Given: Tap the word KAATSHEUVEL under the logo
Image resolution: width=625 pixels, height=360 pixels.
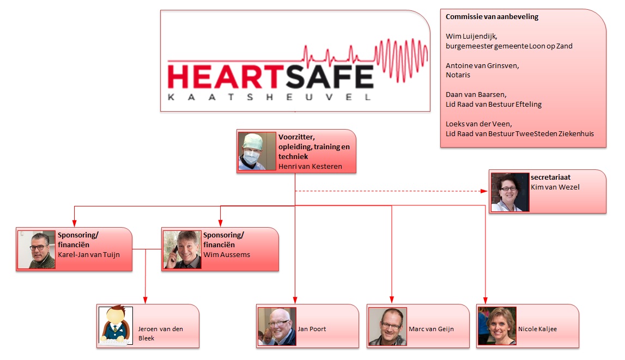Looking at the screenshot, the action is tap(269, 97).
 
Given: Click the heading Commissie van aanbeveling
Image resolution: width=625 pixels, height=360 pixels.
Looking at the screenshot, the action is tap(492, 17).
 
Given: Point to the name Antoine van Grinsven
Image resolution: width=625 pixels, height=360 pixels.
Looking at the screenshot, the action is tap(482, 65).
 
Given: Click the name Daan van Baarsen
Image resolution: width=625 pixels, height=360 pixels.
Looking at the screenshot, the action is tap(476, 94).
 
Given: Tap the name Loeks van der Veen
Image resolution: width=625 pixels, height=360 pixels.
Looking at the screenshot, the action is tap(479, 124).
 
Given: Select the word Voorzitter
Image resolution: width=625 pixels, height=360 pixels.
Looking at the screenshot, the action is tap(296, 137).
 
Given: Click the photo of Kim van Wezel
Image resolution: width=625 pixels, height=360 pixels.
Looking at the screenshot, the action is tap(510, 192).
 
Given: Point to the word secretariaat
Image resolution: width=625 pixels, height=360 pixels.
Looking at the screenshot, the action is tap(550, 177).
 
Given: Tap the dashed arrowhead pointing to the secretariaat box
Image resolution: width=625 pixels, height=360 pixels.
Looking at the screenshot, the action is tap(484, 191).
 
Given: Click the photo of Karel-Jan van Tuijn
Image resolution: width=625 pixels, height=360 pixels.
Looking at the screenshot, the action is tap(37, 249).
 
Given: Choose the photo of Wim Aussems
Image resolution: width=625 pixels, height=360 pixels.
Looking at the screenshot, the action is tap(182, 249).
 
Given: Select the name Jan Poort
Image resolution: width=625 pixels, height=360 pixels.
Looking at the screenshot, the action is tap(312, 329).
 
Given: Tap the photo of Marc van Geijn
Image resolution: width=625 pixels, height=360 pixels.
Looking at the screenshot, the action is tap(387, 326).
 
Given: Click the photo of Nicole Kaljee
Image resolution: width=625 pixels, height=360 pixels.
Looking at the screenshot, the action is tap(497, 326).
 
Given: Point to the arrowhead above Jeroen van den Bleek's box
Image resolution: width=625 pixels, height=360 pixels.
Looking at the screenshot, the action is tap(145, 300).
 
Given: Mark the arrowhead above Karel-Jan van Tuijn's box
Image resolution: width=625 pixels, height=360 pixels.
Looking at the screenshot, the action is tap(75, 223).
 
